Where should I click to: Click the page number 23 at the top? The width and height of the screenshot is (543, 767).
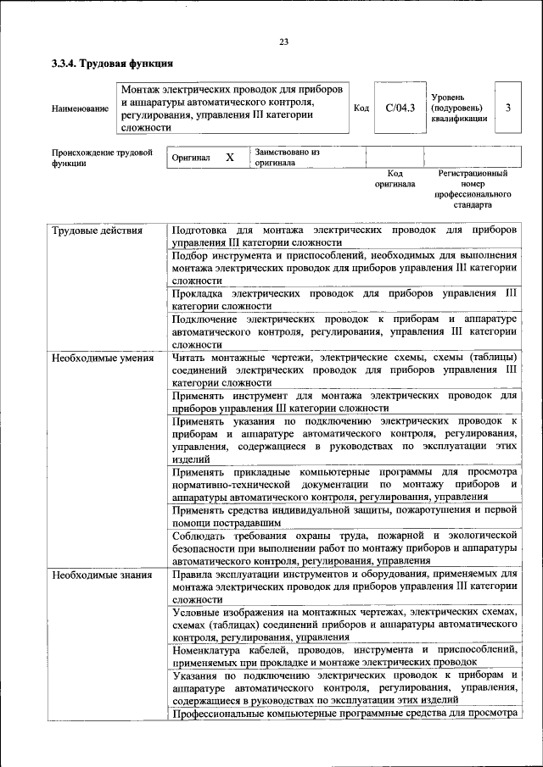283,42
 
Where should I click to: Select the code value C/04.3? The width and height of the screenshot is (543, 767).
400,108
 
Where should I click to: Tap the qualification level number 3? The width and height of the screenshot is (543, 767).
507,108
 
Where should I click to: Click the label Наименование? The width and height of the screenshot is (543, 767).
80,108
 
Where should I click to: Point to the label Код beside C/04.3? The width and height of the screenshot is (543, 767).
361,108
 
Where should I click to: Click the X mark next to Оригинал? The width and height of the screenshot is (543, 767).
229,158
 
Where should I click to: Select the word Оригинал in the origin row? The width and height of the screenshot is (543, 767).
191,158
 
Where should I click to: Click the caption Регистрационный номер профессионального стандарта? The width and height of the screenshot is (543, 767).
473,189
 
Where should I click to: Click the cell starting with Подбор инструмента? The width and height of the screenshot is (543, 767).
344,267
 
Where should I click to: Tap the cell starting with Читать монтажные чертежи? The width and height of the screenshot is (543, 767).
344,370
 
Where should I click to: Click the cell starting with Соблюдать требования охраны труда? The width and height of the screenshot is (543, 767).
344,547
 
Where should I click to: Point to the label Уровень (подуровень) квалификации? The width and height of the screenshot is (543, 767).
458,108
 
